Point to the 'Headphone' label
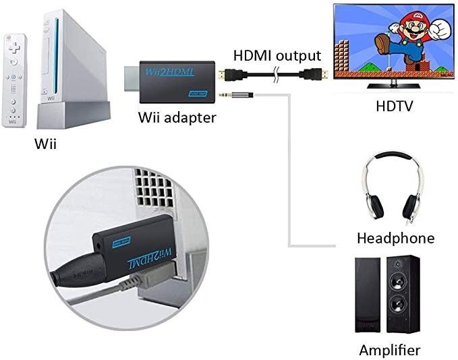point(395,237)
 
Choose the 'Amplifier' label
point(389,350)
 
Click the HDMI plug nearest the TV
point(316,75)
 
